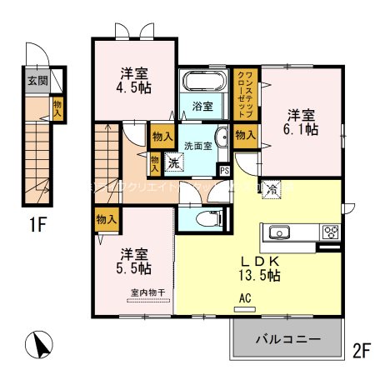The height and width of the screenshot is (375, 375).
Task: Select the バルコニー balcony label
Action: point(288,342)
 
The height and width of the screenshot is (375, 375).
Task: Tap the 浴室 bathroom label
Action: point(203,107)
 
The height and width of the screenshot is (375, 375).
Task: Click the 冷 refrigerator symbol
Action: point(271,188)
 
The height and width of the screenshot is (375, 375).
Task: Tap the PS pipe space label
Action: point(222,171)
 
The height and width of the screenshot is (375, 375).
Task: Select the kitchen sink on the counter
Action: point(277,232)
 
